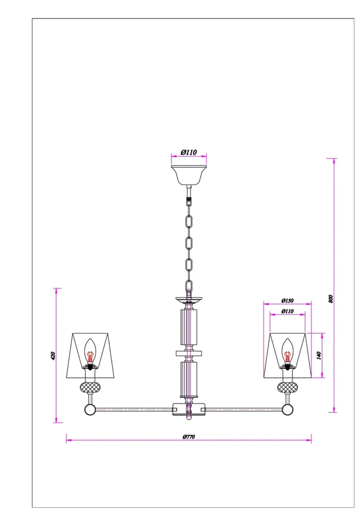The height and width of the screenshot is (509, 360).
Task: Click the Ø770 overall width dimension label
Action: [x=189, y=437]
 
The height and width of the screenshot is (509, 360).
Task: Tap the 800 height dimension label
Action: [x=331, y=298]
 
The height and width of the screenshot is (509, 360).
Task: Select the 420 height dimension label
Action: [x=53, y=356]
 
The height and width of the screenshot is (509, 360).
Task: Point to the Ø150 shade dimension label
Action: [x=287, y=301]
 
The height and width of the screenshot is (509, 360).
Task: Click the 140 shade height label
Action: [x=318, y=355]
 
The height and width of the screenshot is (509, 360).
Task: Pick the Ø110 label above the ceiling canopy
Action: [x=189, y=152]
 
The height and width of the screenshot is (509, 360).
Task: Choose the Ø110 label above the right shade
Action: [x=287, y=311]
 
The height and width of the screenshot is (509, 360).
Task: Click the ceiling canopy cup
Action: [x=189, y=175]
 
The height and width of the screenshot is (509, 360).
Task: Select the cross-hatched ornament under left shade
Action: [x=90, y=387]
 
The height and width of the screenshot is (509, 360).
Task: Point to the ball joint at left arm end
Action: [x=90, y=409]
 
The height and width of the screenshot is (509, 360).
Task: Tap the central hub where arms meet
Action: [x=189, y=409]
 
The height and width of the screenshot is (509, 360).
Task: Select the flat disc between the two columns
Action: [x=189, y=353]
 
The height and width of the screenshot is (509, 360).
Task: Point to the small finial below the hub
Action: [x=189, y=418]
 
